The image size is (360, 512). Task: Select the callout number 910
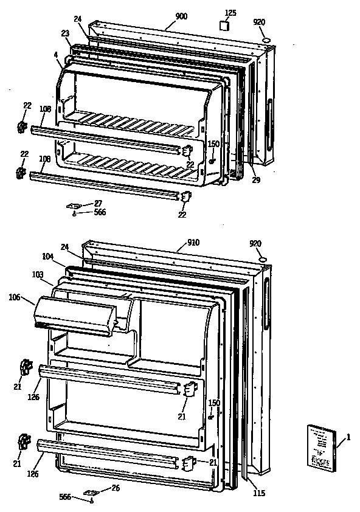click(x=193, y=243)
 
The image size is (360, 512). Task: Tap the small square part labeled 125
click(x=225, y=26)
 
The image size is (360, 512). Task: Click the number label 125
click(x=230, y=12)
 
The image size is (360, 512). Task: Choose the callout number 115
click(x=259, y=493)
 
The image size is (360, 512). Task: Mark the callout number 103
click(x=38, y=275)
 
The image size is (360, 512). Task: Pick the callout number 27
click(x=98, y=204)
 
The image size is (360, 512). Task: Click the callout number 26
click(x=116, y=488)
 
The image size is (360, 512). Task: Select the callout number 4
click(x=56, y=54)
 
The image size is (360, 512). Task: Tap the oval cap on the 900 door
click(x=266, y=40)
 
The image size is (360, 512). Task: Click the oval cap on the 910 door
click(x=263, y=261)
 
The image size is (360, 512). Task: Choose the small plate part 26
click(x=92, y=491)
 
